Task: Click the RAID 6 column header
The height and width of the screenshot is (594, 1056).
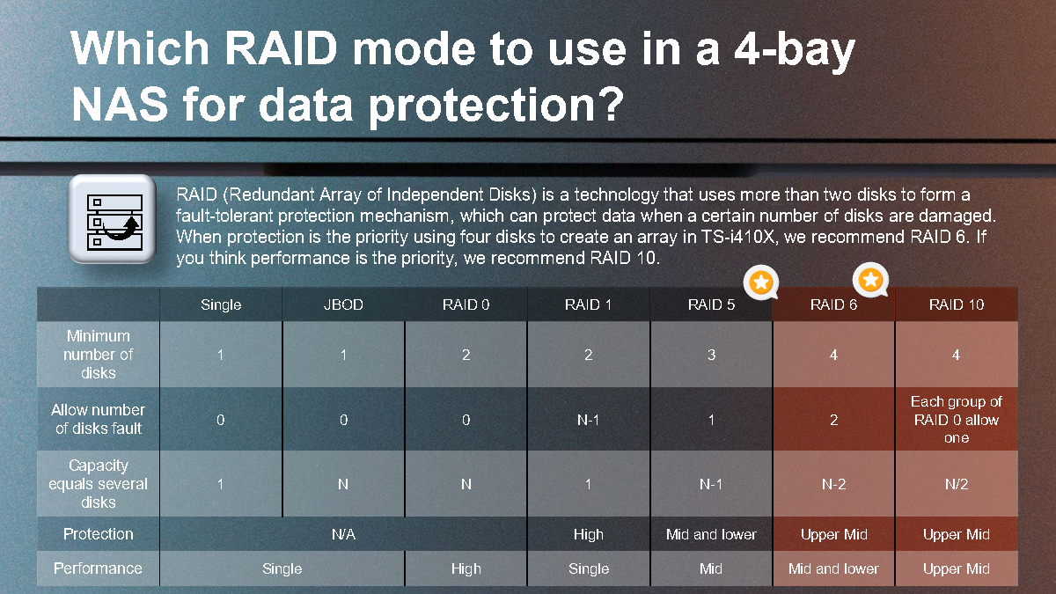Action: pyautogui.click(x=833, y=304)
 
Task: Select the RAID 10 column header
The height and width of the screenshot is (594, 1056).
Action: pyautogui.click(x=957, y=304)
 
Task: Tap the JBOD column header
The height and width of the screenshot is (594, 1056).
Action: pyautogui.click(x=343, y=304)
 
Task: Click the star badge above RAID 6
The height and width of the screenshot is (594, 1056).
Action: pyautogui.click(x=870, y=280)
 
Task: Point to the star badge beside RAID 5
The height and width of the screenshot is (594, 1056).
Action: pyautogui.click(x=761, y=282)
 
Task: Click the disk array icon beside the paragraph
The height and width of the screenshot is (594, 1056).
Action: pyautogui.click(x=113, y=219)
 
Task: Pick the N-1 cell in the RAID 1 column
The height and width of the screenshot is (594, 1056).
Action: pyautogui.click(x=589, y=420)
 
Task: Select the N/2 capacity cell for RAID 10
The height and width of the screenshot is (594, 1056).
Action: pyautogui.click(x=957, y=484)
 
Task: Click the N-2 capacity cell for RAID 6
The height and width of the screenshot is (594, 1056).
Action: pyautogui.click(x=833, y=484)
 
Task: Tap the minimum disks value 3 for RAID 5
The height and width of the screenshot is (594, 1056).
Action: pyautogui.click(x=711, y=355)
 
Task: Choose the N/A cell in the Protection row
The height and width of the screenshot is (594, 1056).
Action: pyautogui.click(x=343, y=534)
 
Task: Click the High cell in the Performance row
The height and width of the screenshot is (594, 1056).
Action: pyautogui.click(x=466, y=568)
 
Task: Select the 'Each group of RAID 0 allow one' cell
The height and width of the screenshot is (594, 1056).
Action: pyautogui.click(x=957, y=420)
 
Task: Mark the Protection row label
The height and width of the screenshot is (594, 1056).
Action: pyautogui.click(x=98, y=534)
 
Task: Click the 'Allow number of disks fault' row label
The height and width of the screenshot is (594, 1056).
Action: pyautogui.click(x=98, y=419)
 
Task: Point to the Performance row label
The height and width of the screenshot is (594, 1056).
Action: pyautogui.click(x=98, y=568)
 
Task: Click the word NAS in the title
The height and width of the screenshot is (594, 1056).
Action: pyautogui.click(x=120, y=104)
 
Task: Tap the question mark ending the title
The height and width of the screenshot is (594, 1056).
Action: pyautogui.click(x=611, y=104)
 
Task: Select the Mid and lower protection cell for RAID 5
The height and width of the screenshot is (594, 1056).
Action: pyautogui.click(x=711, y=534)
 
